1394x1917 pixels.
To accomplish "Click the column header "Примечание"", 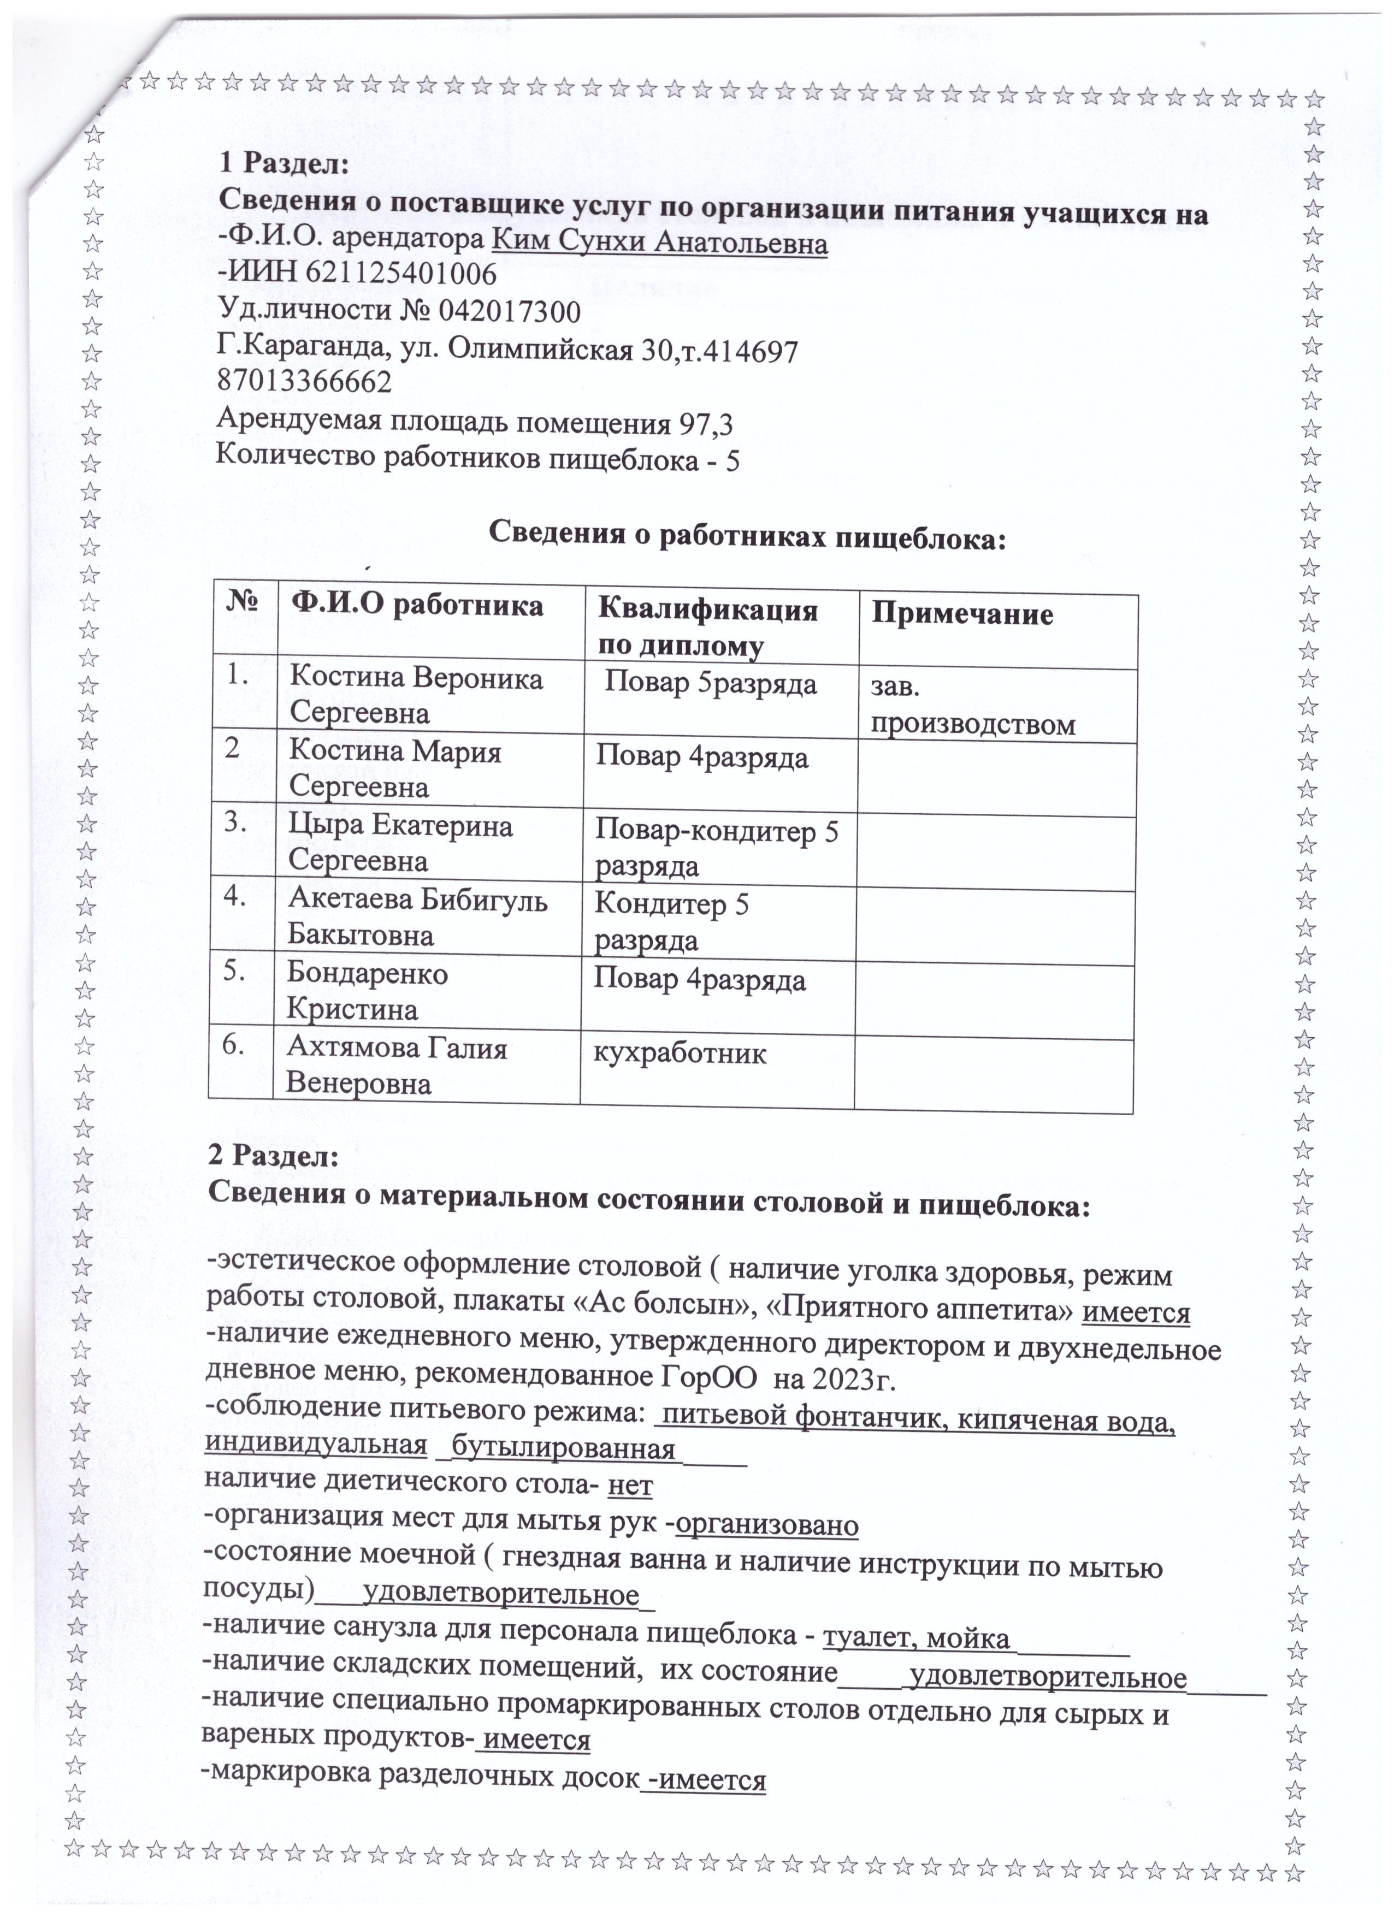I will (x=962, y=614).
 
